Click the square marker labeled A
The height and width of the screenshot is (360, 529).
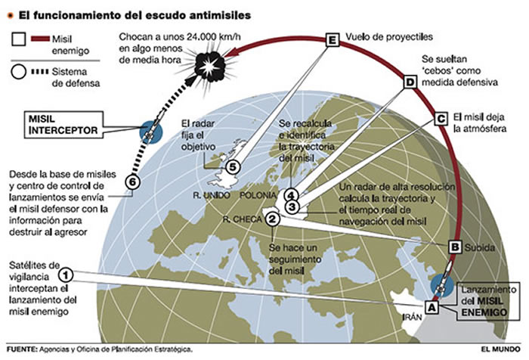pos(432,307)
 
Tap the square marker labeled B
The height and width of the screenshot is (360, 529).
pos(455,247)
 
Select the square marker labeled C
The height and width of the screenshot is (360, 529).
pos(441,119)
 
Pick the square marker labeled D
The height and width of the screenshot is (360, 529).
pos(410,82)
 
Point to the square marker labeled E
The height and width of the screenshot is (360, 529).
pos(333,40)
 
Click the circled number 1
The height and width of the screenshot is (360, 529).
pos(66,275)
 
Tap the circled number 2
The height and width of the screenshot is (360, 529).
pos(273,219)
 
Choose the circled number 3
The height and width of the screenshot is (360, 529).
pos(292,206)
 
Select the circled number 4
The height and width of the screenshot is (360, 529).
pos(291,195)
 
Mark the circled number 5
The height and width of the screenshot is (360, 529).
pos(233,167)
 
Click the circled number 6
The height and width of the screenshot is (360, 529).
pos(132,182)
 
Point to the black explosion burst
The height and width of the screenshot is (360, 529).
pos(211,65)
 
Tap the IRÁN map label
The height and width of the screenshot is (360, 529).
pos(412,317)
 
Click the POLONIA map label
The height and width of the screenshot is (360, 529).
pos(258,195)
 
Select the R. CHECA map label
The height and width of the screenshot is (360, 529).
pos(243,219)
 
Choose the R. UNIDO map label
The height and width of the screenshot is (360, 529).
pos(212,195)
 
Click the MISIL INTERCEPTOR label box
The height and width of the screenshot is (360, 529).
pos(63,125)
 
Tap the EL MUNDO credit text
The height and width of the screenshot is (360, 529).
pos(500,349)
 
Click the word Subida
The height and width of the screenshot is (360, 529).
pos(480,247)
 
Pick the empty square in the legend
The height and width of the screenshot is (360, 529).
pos(19,39)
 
